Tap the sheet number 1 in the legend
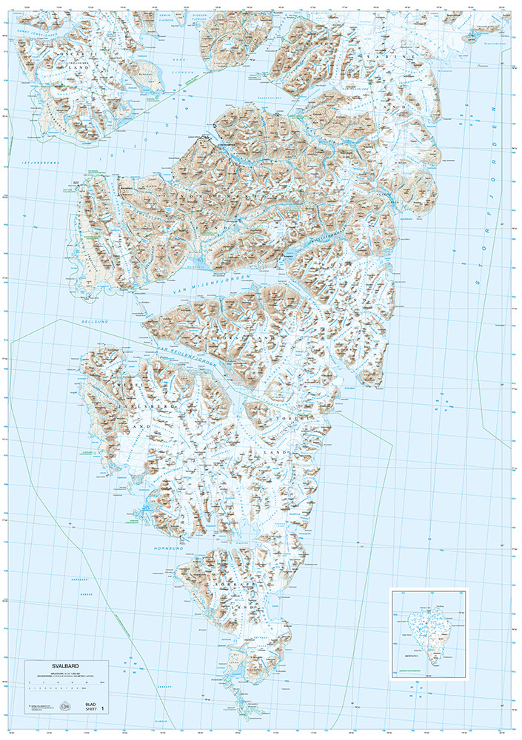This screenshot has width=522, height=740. (103, 708)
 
